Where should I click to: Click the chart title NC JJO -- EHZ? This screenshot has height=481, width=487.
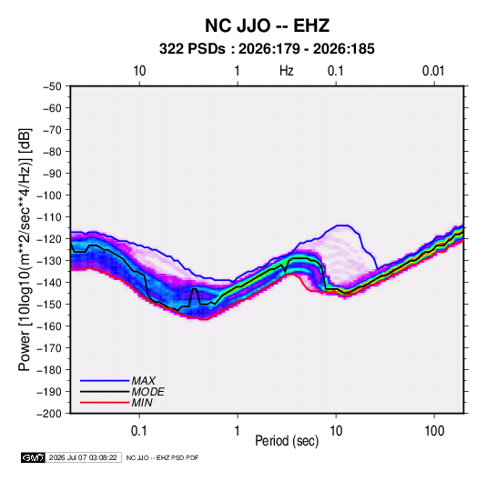pos(267,25)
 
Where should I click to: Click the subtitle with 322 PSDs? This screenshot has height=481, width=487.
pos(267,49)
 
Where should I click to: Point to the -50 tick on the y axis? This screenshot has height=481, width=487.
pos(52,86)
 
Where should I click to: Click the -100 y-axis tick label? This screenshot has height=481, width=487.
pos(49,195)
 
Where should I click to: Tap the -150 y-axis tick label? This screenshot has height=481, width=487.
pos(49,305)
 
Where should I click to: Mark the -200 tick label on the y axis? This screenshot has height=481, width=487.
pos(49,414)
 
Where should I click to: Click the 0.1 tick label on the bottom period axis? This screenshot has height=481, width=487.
pos(139,430)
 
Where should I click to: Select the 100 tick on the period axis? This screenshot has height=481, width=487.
pos(434,430)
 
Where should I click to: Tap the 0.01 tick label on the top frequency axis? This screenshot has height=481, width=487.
pos(433,71)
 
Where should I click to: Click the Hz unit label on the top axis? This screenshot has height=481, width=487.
pos(287,71)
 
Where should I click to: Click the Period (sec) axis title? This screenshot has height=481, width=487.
pos(287,441)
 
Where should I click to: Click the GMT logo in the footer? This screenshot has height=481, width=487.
pos(34,457)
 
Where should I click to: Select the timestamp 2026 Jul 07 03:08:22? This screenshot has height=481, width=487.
pos(83,457)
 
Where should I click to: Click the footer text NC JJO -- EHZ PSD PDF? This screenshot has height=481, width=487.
pos(162,457)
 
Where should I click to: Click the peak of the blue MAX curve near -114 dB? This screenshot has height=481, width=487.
pos(341,225)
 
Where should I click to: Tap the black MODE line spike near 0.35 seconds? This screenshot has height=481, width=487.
pos(195,289)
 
